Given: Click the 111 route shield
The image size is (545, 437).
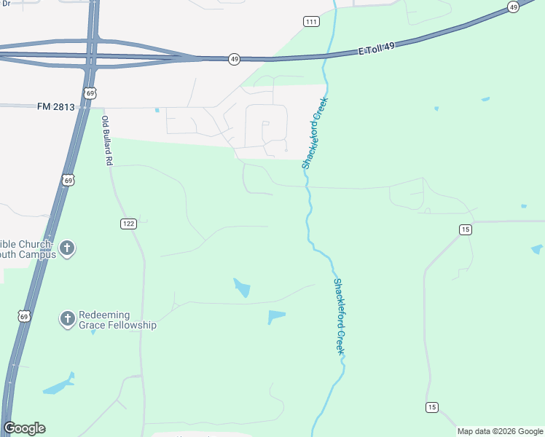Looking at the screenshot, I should click(312, 22).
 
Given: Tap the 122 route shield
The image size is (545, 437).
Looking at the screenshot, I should click(129, 224).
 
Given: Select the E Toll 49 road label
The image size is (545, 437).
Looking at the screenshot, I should click(377, 50).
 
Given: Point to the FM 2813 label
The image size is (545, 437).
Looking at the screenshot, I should click(55, 106).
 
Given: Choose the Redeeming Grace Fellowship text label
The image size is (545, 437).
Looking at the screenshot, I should click(117, 320).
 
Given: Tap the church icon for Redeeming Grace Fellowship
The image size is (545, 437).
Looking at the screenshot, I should click(67, 318).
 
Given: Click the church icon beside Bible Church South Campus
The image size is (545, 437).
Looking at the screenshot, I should click(66, 248).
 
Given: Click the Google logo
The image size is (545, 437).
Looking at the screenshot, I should click(25, 428).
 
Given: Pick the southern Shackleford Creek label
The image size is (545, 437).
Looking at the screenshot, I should click(339, 316).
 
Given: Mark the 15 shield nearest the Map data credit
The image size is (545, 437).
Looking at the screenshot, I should click(432, 406).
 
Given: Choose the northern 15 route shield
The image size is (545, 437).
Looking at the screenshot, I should click(466, 229).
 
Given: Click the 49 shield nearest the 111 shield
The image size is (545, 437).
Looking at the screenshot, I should click(234, 59).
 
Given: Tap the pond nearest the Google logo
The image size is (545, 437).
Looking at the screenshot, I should click(58, 384).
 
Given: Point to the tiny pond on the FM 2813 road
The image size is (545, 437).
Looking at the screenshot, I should click(157, 110).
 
